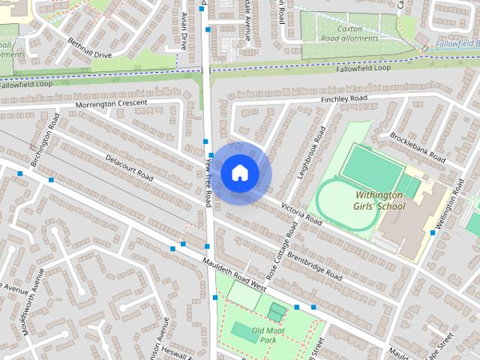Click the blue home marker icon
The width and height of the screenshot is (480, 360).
tap(239, 173)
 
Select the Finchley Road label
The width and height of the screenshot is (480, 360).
tap(343, 99)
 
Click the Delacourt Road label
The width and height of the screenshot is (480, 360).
tap(129, 169)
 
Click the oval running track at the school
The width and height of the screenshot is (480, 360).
tap(347, 204)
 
